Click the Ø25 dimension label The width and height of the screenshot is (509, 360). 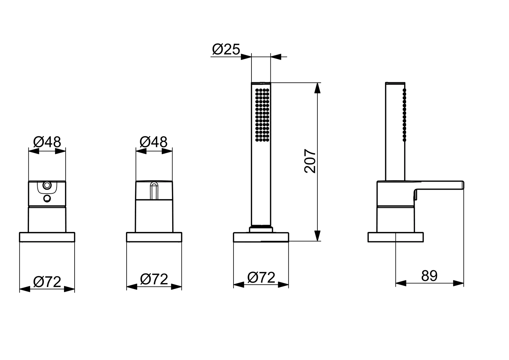[226, 49]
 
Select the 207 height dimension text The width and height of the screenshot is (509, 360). [310, 161]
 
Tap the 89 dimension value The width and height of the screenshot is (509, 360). [429, 276]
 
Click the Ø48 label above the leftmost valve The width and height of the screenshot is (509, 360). [47, 142]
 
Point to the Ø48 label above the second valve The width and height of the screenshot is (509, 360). [153, 142]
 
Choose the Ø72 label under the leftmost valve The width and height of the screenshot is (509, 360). [47, 282]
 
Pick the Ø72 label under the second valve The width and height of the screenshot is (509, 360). [154, 279]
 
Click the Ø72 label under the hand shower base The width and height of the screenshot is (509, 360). [261, 277]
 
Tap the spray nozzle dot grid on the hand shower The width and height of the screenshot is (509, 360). [262, 115]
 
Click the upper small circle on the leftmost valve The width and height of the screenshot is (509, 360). [47, 185]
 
